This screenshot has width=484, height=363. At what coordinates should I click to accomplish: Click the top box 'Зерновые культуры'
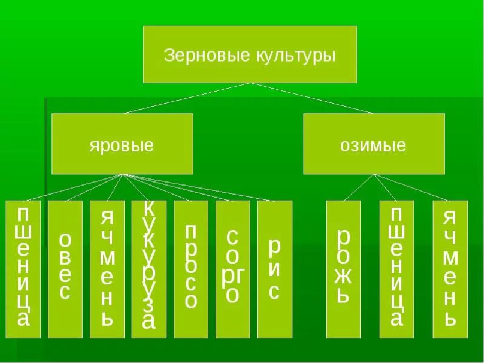(250, 54)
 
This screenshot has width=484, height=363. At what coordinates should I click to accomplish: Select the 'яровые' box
(122, 144)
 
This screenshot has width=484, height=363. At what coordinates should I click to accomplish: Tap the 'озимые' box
(374, 144)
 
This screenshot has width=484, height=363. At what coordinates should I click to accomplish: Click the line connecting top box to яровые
(187, 98)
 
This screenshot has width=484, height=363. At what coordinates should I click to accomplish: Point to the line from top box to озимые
(313, 98)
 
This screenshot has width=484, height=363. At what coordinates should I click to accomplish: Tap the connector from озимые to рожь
(358, 187)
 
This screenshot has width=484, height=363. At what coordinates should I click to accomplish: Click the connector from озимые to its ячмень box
(411, 187)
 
